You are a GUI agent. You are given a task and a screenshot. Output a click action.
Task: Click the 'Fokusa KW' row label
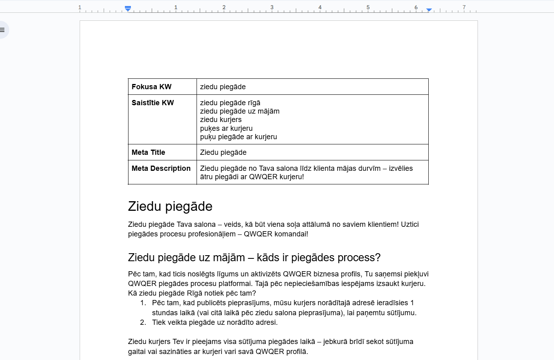pyautogui.click(x=151, y=87)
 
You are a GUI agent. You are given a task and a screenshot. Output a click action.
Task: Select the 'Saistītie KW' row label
pyautogui.click(x=153, y=103)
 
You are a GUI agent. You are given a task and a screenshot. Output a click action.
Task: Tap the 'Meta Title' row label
pyautogui.click(x=148, y=152)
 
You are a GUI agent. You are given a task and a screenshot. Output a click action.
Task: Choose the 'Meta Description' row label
pyautogui.click(x=161, y=168)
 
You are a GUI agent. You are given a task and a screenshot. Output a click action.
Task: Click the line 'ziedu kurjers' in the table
pyautogui.click(x=221, y=120)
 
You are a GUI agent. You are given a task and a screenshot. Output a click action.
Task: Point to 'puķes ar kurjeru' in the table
pyautogui.click(x=226, y=128)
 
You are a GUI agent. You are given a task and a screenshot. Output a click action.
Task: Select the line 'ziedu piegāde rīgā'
pyautogui.click(x=230, y=103)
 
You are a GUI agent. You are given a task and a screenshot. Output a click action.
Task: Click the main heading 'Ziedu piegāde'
pyautogui.click(x=170, y=206)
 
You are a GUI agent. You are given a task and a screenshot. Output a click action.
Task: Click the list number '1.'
pyautogui.click(x=143, y=303)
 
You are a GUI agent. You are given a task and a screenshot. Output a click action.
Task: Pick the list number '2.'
pyautogui.click(x=143, y=322)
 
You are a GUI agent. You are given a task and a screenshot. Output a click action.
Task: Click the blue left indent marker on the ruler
pyautogui.click(x=128, y=8)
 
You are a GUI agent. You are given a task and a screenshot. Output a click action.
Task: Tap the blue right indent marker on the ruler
pyautogui.click(x=429, y=10)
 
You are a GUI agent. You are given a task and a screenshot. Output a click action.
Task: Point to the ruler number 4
pyautogui.click(x=320, y=7)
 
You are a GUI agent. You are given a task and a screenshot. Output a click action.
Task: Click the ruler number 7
pyautogui.click(x=464, y=7)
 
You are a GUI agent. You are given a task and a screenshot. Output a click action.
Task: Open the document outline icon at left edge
pyautogui.click(x=2, y=30)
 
